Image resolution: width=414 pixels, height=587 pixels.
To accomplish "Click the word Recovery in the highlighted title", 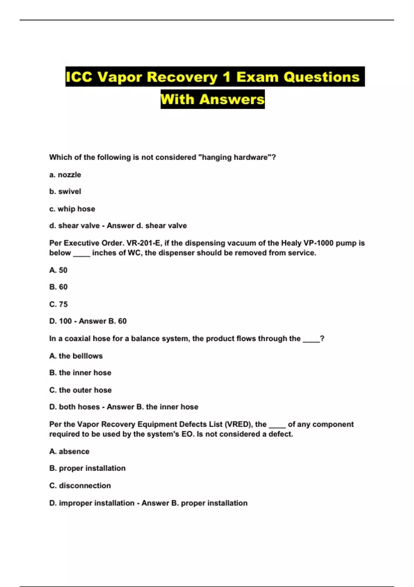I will point(182,77).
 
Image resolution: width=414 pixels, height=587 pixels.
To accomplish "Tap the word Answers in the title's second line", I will point(232,99).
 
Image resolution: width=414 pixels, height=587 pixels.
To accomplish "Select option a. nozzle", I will point(65,175).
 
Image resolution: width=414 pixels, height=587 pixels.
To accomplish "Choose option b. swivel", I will point(65,191).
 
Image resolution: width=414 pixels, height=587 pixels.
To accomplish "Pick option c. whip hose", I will point(72,209).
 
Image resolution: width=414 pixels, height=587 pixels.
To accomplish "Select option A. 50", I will point(58,270).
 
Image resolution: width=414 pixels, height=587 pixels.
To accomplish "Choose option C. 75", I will point(58,304).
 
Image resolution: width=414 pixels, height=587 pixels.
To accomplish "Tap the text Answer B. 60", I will point(103,321).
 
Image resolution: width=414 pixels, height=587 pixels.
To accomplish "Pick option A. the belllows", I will point(76,356).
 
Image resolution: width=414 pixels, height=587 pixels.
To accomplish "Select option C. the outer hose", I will point(80,390).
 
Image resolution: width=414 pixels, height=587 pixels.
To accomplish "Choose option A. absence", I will point(69,452).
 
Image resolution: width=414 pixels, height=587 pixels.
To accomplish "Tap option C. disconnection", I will point(80,486).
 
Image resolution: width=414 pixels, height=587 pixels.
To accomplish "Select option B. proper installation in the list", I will point(87,468).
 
